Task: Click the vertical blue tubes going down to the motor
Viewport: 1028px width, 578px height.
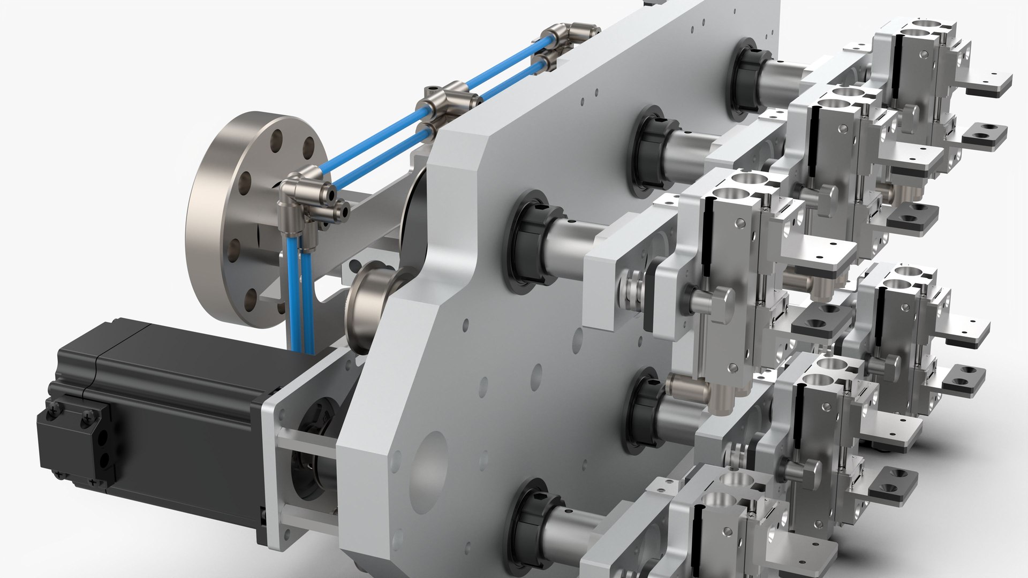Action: pos(300,294)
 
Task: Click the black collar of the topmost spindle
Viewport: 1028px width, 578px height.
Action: pos(747,80)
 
